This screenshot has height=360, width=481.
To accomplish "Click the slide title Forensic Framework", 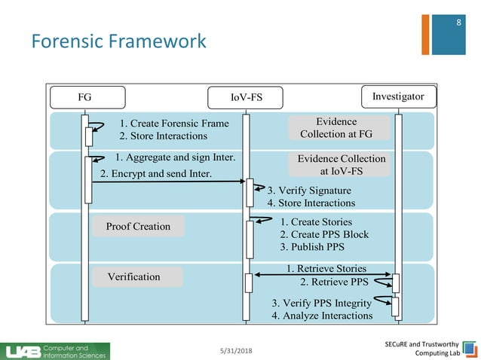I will coord(118,41).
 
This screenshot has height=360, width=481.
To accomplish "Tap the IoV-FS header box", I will coord(246,98).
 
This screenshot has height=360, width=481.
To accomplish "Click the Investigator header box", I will coord(398,96).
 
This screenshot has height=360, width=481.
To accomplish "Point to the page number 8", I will coord(458,24).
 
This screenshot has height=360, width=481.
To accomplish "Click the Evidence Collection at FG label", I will coord(336,128).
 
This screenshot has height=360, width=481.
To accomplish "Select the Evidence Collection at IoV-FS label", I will coord(341,165).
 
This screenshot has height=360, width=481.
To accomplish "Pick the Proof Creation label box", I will coord(138,227).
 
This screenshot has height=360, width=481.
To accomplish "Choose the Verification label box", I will coord(137,276).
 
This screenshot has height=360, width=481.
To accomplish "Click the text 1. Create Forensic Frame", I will coord(174,124).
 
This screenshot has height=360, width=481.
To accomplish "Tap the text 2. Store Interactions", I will coord(163,136).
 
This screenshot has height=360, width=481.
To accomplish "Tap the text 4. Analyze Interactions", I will coord(322,316).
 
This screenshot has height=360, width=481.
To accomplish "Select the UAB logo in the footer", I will coord(57,350).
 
